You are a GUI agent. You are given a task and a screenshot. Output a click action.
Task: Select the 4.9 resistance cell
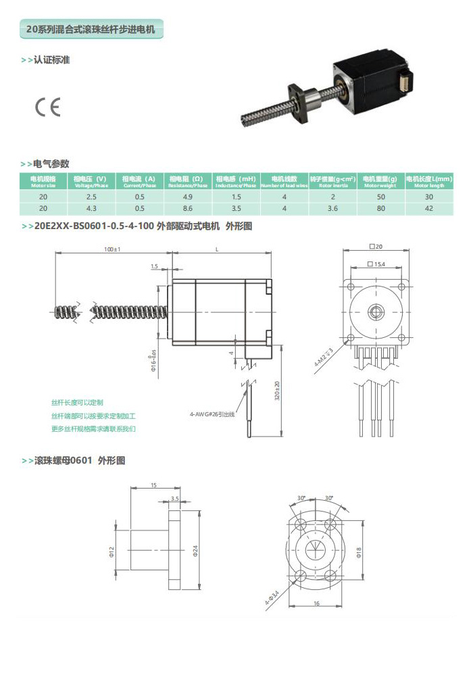point(188,196)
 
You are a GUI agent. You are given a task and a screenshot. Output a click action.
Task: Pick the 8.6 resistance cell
point(188,208)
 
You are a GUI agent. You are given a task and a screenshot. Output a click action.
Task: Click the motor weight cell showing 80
point(380,208)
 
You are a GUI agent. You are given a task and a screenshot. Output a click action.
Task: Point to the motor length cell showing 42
point(428,208)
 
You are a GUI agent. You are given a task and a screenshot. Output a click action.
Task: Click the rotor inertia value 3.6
point(332,208)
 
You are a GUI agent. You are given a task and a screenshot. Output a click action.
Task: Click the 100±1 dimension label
point(111,249)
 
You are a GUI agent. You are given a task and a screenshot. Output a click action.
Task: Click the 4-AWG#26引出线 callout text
point(211,414)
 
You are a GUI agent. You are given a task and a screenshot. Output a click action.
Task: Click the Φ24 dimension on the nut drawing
point(195,551)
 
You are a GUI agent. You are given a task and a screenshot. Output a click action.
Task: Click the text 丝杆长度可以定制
point(78,402)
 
